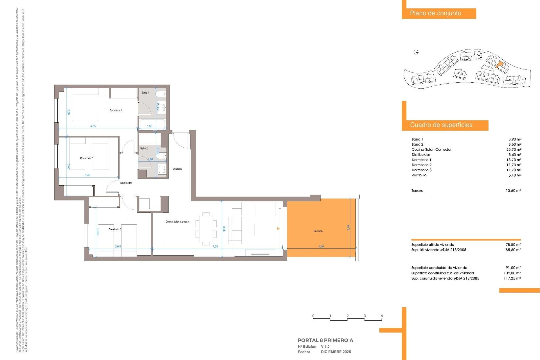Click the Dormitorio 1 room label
click(x=116, y=111)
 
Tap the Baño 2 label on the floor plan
click(x=144, y=148)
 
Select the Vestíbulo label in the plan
click(x=177, y=169)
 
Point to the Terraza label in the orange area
click(x=318, y=231)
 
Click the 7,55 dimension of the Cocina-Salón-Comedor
click(x=215, y=246)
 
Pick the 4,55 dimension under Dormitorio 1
click(x=93, y=126)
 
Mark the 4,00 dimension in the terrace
click(x=321, y=246)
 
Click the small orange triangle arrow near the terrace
click(x=278, y=229)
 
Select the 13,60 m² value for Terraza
click(x=513, y=191)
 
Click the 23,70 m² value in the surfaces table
click(x=514, y=150)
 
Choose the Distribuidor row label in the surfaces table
click(x=421, y=155)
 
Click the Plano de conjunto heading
click(x=435, y=13)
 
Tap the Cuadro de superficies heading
click(x=441, y=125)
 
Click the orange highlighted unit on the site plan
click(x=499, y=65)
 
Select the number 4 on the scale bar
click(x=382, y=316)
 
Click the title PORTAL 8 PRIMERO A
click(x=325, y=340)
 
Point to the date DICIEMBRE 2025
click(x=336, y=352)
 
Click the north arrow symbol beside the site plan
click(x=416, y=52)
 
